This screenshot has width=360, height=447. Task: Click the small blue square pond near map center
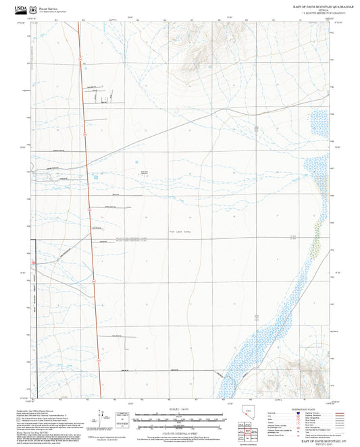coord(137,162)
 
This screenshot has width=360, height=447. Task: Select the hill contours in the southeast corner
coord(300,368)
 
